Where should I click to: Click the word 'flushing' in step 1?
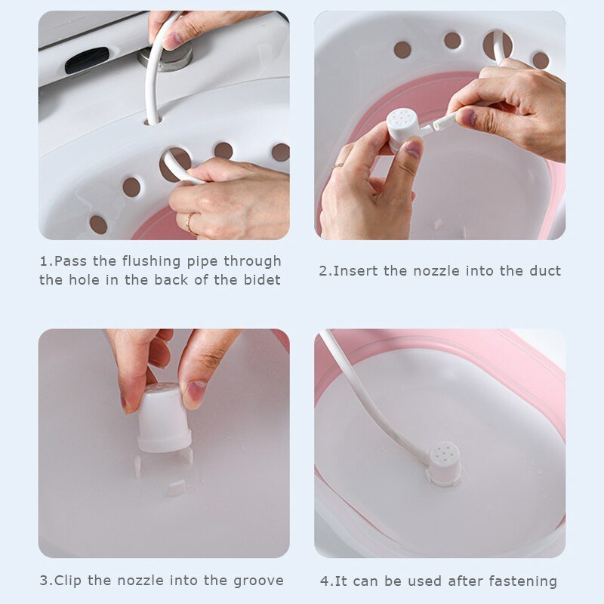[x=152, y=261]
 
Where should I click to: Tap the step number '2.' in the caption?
[x=326, y=271]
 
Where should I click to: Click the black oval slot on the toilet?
[x=87, y=60]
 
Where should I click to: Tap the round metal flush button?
[x=166, y=56]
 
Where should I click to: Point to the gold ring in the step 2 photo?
[x=338, y=165]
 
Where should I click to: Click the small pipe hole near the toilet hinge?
[x=153, y=121]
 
